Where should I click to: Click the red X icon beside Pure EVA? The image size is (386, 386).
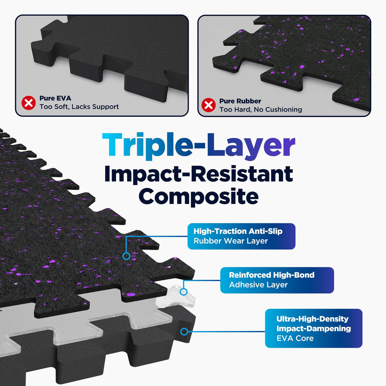click(x=28, y=103)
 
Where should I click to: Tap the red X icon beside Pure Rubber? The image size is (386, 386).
click(x=208, y=105)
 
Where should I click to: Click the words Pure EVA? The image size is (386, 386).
click(x=55, y=98)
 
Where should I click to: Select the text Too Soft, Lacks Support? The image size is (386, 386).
click(x=79, y=107)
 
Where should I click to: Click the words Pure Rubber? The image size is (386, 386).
click(x=240, y=101)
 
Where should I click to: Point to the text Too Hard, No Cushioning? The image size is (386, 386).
click(x=261, y=110)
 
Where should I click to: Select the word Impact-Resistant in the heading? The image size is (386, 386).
click(x=198, y=174)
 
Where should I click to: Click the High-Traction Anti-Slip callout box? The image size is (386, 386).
click(x=241, y=236)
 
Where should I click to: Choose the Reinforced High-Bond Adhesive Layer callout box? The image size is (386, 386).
click(x=277, y=280)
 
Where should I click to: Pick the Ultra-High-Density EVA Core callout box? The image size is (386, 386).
click(x=314, y=328)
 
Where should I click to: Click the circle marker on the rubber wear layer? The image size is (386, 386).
click(x=126, y=256)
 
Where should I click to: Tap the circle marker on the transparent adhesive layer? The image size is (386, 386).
click(x=183, y=292)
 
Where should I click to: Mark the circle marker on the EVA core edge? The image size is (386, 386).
click(x=184, y=332)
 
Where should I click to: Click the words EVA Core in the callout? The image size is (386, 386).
click(x=295, y=338)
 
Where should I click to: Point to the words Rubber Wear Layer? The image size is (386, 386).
click(x=231, y=241)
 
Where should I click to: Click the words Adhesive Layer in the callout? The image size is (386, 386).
click(x=258, y=285)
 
